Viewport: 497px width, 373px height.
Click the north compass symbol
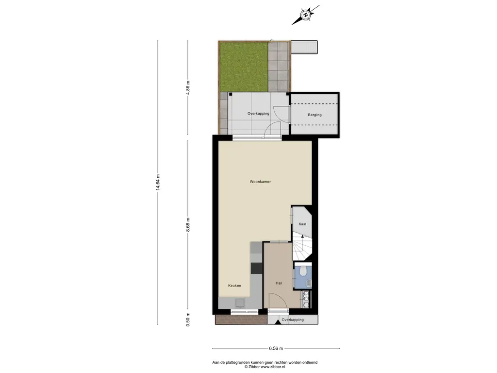click(305, 15)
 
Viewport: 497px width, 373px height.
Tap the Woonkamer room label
click(260, 182)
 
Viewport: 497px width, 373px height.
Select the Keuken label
click(234, 286)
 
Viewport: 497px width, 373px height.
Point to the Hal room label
click(279, 283)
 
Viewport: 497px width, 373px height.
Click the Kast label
click(302, 224)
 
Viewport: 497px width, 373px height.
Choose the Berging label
click(315, 115)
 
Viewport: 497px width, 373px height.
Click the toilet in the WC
click(303, 271)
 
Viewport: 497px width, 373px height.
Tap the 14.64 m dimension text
click(158, 183)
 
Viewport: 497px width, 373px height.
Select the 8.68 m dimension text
click(188, 225)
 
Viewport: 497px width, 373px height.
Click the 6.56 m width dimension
click(276, 348)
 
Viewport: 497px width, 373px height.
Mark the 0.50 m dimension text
click(188, 320)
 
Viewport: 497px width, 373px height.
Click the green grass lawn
click(244, 67)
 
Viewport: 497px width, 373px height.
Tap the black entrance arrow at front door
click(277, 322)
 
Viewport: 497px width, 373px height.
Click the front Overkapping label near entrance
click(293, 320)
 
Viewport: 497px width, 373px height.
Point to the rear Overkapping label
click(258, 113)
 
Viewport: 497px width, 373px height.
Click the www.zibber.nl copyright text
click(265, 367)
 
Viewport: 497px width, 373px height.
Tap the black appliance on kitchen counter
click(257, 268)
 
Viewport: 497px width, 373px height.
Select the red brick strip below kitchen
click(241, 320)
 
